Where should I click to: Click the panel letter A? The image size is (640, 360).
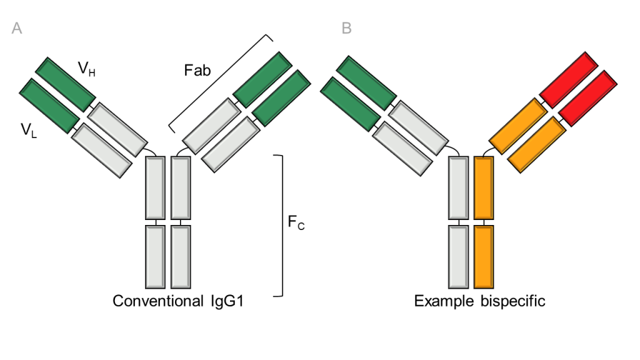pyautogui.click(x=17, y=28)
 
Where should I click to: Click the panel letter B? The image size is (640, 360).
pyautogui.click(x=347, y=28)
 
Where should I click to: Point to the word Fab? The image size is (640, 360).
pyautogui.click(x=197, y=70)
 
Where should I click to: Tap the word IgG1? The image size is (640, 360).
pyautogui.click(x=226, y=301)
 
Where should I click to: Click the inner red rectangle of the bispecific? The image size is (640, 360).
pyautogui.click(x=588, y=97)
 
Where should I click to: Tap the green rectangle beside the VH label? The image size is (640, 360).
pyautogui.click(x=65, y=84)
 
